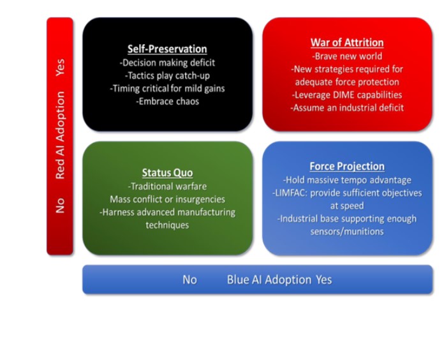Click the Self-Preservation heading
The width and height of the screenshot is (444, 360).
point(167,49)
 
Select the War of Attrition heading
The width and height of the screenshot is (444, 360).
point(347,43)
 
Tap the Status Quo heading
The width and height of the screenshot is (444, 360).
point(167,173)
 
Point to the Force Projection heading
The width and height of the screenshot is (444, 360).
point(347,166)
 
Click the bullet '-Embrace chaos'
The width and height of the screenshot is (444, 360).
point(167,101)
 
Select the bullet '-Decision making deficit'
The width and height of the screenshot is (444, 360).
point(167,63)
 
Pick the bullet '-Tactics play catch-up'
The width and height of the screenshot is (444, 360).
point(167,75)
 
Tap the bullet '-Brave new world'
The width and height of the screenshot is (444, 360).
point(347,56)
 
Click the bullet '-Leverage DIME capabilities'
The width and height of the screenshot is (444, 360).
point(347,95)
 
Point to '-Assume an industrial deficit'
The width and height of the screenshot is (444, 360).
point(347,108)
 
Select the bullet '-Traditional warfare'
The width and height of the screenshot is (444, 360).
point(167,186)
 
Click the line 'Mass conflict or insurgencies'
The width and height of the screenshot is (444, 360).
point(167,199)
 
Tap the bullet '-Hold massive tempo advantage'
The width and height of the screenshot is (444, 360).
point(347,180)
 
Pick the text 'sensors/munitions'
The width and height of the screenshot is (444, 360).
point(347,232)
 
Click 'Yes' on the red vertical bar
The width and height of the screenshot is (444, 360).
point(60,68)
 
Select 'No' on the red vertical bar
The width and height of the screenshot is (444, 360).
point(60,206)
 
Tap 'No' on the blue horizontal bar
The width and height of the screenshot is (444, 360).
point(189,280)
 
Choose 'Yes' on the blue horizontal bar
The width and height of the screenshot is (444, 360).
point(323,280)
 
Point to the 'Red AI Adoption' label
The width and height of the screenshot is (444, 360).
point(61,135)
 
